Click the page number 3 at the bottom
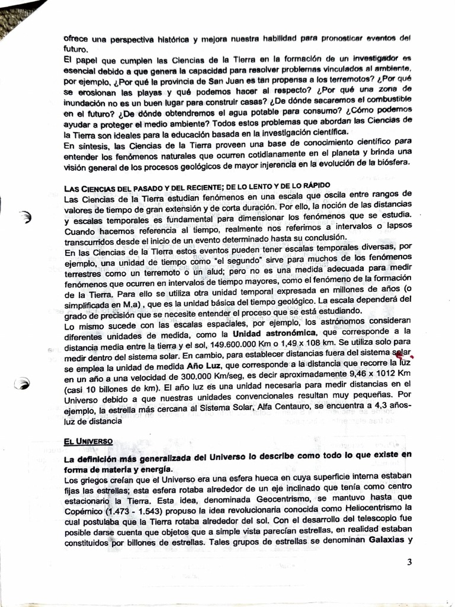pos(409,563)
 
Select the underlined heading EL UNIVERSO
pos(88,442)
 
